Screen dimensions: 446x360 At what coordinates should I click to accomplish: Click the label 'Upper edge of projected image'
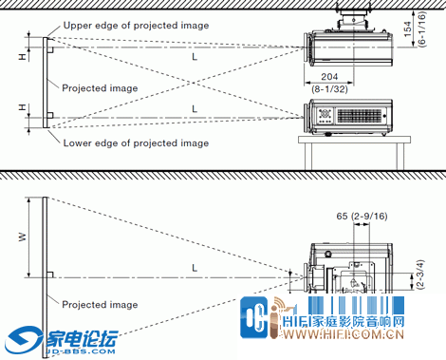click(136, 26)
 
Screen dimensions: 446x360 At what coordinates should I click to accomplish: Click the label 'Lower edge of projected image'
click(136, 143)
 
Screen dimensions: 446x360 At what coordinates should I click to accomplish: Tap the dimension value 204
click(329, 77)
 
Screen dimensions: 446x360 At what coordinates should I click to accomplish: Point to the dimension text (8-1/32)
click(329, 89)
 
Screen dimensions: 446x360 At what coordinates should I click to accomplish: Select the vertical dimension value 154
click(408, 29)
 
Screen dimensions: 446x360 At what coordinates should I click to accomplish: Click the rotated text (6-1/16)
click(421, 29)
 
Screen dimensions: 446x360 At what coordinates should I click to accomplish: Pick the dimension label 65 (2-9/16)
click(362, 217)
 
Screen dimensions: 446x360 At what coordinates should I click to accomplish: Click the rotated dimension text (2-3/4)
click(420, 275)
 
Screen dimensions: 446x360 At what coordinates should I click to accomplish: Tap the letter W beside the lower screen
click(22, 237)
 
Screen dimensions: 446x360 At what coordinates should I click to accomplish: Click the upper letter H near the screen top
click(22, 57)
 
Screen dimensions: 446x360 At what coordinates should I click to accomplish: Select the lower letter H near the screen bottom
click(22, 107)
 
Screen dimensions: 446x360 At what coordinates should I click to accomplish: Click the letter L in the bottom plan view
click(195, 268)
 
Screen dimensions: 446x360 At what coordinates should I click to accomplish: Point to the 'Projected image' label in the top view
click(100, 88)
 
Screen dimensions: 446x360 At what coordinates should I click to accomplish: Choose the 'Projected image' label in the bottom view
click(100, 305)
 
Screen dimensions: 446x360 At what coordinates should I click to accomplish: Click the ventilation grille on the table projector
click(360, 116)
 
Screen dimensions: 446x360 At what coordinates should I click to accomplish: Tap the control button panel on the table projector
click(325, 116)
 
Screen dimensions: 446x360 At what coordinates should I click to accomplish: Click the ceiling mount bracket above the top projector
click(353, 20)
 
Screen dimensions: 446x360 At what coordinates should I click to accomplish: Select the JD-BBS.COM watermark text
click(81, 351)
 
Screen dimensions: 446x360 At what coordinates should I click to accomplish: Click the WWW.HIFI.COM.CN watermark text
click(344, 334)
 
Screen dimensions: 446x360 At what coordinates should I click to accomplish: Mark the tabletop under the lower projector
click(354, 140)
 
